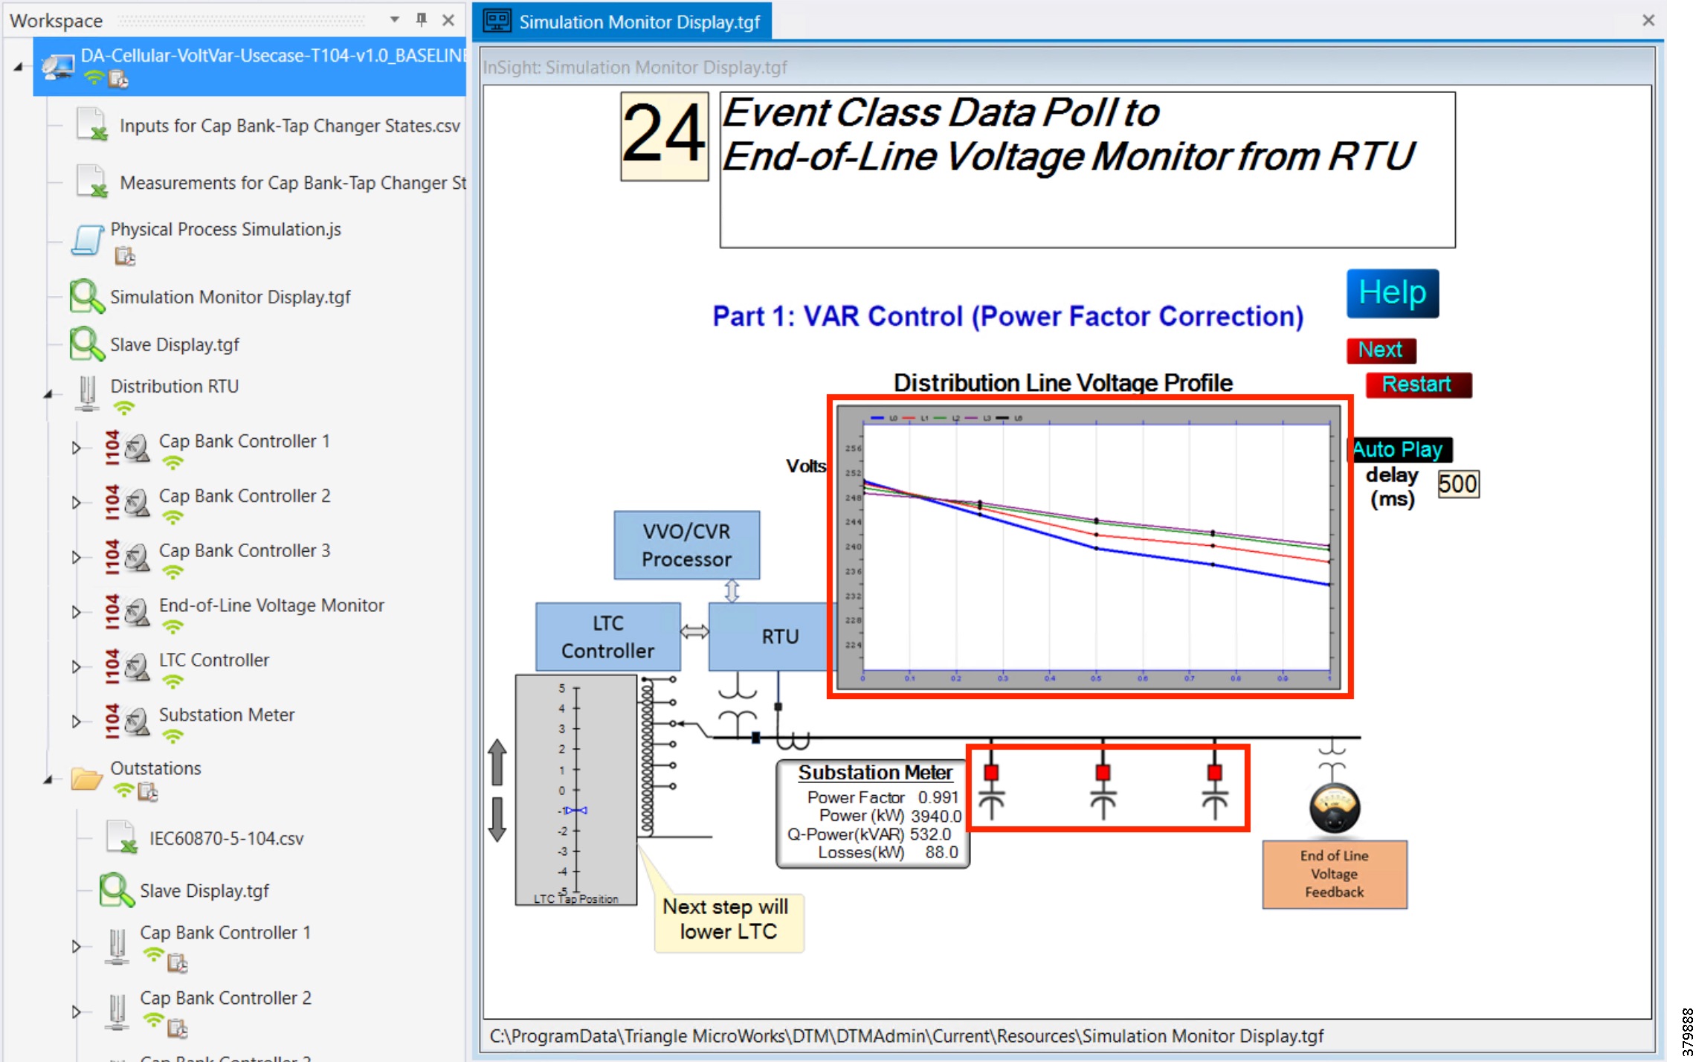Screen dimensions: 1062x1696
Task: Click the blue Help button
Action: pyautogui.click(x=1392, y=293)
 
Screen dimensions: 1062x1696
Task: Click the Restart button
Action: pyautogui.click(x=1417, y=384)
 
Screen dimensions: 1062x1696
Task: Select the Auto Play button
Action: pyautogui.click(x=1399, y=450)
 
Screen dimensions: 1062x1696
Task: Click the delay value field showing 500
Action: pyautogui.click(x=1457, y=484)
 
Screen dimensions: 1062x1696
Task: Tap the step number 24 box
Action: pyautogui.click(x=664, y=136)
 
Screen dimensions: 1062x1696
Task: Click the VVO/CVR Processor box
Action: pyautogui.click(x=686, y=545)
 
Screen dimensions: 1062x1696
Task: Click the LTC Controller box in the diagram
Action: pyautogui.click(x=607, y=637)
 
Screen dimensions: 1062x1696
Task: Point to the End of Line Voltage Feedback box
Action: pyautogui.click(x=1334, y=874)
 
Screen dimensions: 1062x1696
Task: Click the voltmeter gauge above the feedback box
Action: pyautogui.click(x=1334, y=808)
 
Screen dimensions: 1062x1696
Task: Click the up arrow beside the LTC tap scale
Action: pyautogui.click(x=497, y=762)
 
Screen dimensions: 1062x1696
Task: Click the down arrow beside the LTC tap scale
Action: pyautogui.click(x=497, y=820)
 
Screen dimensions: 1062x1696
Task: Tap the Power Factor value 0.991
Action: pyautogui.click(x=938, y=797)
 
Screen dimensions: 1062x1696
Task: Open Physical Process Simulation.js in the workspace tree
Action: pyautogui.click(x=225, y=230)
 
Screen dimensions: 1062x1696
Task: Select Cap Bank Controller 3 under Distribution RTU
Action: pyautogui.click(x=244, y=551)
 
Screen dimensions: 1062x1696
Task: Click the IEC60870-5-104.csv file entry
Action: pyautogui.click(x=226, y=839)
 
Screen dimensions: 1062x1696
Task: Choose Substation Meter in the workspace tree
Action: pyautogui.click(x=226, y=715)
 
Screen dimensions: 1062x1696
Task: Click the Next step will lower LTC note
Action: pyautogui.click(x=728, y=920)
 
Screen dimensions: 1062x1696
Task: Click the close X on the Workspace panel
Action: pyautogui.click(x=448, y=20)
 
